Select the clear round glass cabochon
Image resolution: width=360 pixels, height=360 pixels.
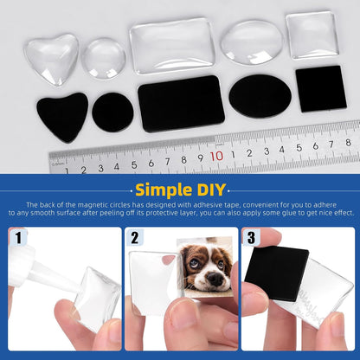click(104, 58)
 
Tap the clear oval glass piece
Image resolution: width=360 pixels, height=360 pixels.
click(251, 42)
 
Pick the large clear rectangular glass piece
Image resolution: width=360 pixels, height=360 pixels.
click(171, 45)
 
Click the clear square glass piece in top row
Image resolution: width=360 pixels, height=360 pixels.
click(312, 35)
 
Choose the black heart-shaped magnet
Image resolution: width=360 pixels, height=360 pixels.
click(62, 113)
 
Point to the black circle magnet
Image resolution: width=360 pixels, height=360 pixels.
click(112, 112)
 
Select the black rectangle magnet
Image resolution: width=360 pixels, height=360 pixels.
click(181, 104)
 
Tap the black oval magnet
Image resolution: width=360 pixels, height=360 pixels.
click(260, 96)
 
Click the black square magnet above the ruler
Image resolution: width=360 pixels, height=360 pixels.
click(320, 88)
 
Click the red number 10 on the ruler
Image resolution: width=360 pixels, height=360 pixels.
click(216, 157)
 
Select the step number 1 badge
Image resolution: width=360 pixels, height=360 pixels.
click(17, 236)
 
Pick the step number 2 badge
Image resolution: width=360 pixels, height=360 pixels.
click(134, 236)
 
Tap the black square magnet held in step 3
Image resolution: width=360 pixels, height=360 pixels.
click(276, 273)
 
